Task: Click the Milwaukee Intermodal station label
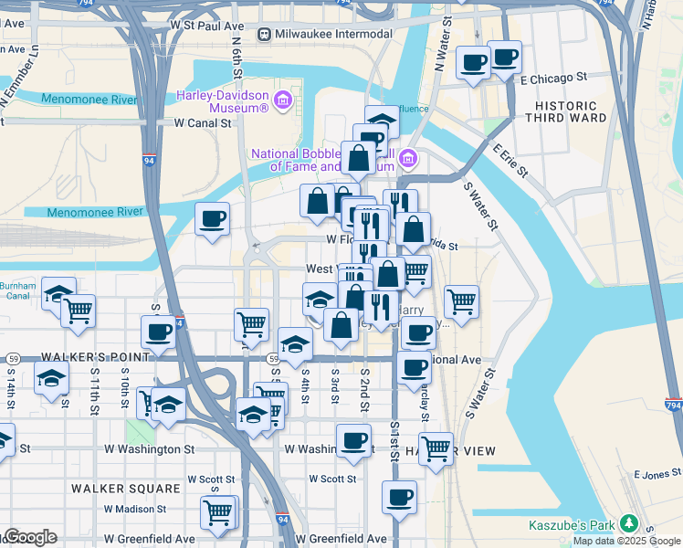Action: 332,34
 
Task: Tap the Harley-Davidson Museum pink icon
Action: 282,98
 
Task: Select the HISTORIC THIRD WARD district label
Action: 565,112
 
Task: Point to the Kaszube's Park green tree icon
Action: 628,523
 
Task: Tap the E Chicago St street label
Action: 552,79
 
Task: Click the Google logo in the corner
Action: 29,537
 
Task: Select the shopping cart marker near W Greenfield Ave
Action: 218,511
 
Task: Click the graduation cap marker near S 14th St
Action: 51,376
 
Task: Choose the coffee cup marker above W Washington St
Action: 353,440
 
